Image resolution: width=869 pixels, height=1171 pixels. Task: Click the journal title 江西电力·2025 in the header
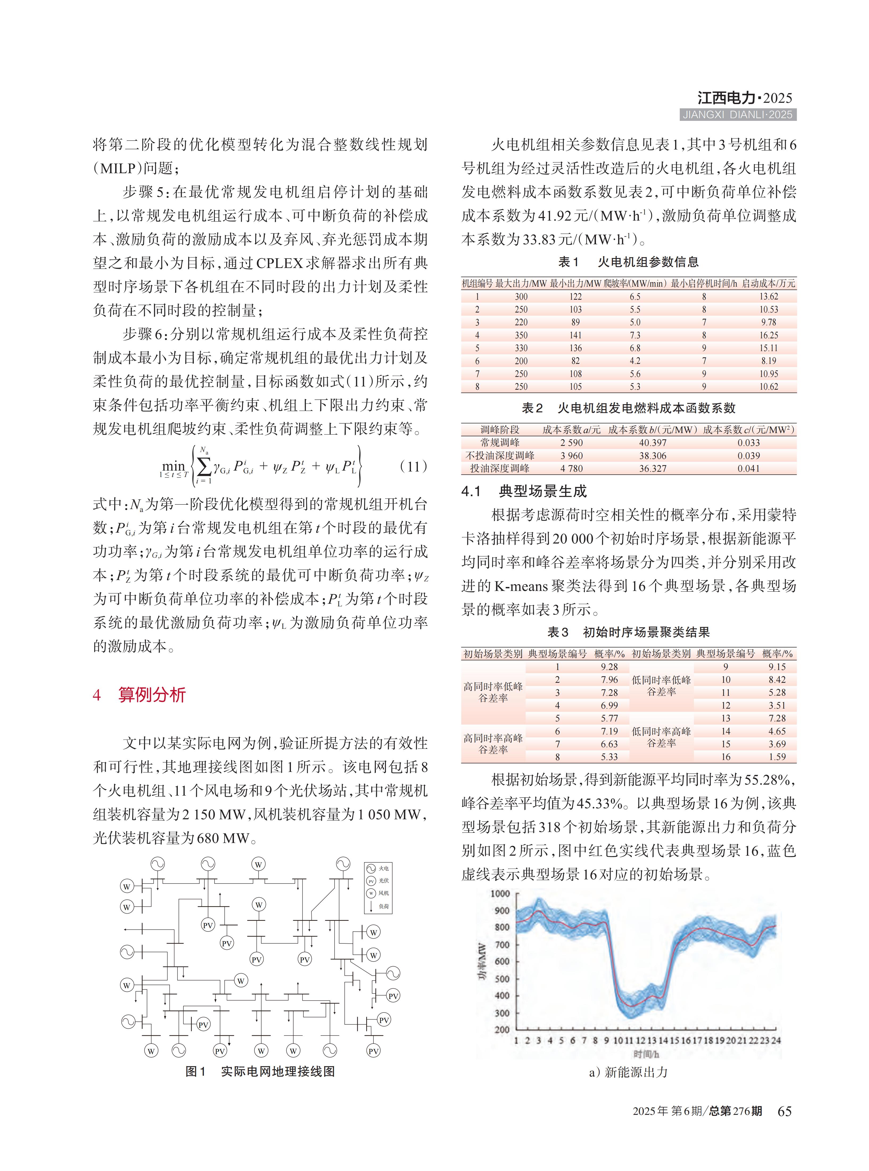pos(744,98)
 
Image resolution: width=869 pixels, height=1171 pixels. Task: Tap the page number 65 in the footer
pos(784,1111)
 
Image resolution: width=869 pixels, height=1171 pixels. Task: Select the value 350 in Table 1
pos(521,335)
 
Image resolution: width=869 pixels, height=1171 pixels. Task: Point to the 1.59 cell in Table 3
pos(777,757)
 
